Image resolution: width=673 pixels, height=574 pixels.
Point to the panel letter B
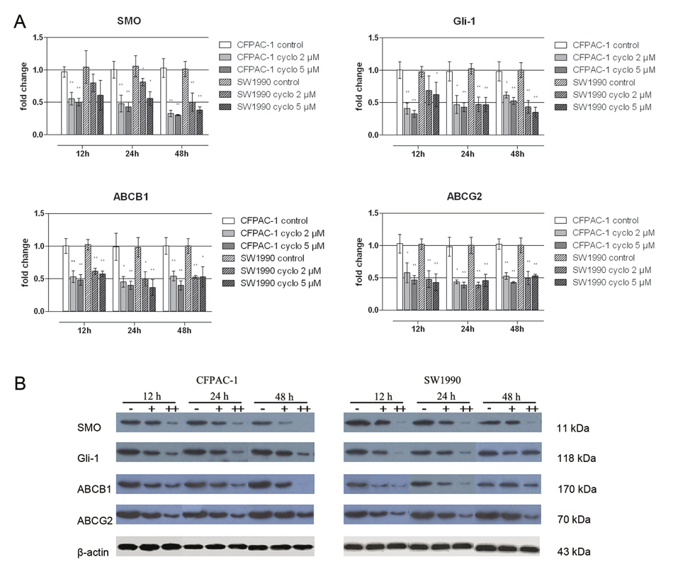pyautogui.click(x=22, y=384)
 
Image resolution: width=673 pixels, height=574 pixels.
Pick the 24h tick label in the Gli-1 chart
pyautogui.click(x=467, y=153)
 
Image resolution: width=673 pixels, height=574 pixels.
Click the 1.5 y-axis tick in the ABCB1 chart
pyautogui.click(x=38, y=213)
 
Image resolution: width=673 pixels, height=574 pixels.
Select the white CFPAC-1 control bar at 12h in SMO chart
pyautogui.click(x=64, y=103)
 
